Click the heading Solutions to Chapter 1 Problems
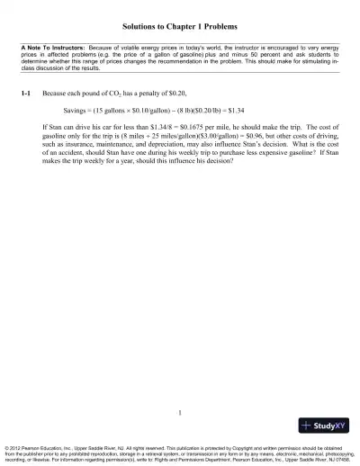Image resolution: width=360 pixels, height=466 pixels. pos(180,28)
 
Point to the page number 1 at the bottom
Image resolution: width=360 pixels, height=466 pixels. pos(180,413)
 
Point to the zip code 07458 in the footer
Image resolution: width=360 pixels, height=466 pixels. pos(346,459)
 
